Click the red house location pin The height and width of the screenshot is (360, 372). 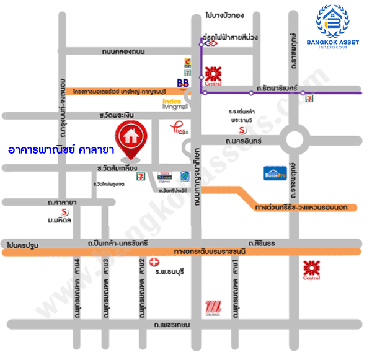131,138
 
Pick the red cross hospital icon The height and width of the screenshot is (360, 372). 146,262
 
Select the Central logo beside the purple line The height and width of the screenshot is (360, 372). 214,74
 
